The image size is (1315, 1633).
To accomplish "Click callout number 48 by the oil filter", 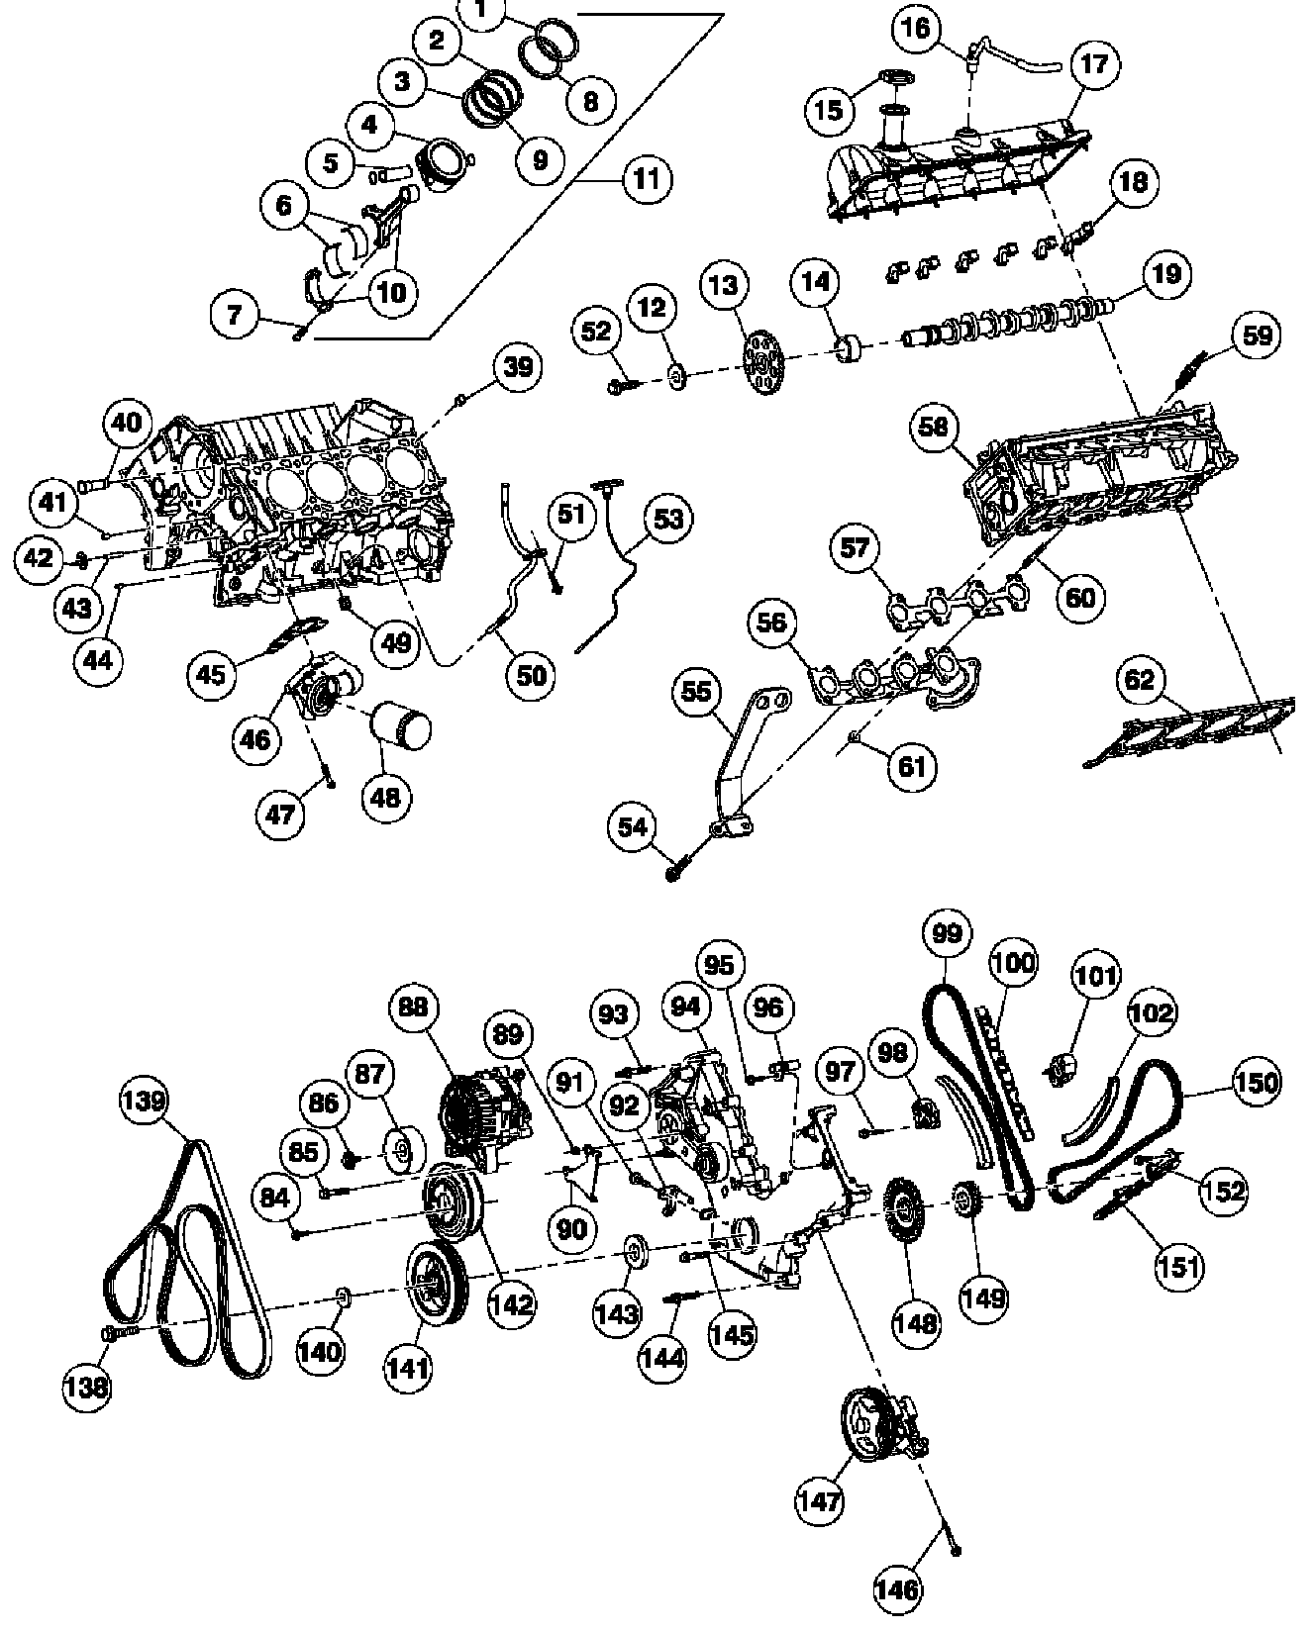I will [386, 796].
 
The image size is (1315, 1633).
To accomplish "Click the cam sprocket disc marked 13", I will [762, 361].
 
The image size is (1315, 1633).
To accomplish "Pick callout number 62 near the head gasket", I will [1140, 680].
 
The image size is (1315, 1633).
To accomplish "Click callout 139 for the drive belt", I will [146, 1101].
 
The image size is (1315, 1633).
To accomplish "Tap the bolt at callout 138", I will [110, 1335].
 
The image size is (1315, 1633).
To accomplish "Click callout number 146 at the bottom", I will [898, 1589].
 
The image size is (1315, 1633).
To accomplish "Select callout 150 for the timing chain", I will [1257, 1084].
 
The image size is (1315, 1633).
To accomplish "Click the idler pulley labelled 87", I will [403, 1148].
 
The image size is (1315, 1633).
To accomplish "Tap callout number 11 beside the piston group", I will [646, 179].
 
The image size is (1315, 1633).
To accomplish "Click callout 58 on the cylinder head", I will [934, 428].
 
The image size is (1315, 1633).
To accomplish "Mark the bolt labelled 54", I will [674, 872].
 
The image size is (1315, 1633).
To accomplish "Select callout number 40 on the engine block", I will [126, 423].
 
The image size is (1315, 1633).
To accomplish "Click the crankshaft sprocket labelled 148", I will [901, 1214].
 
